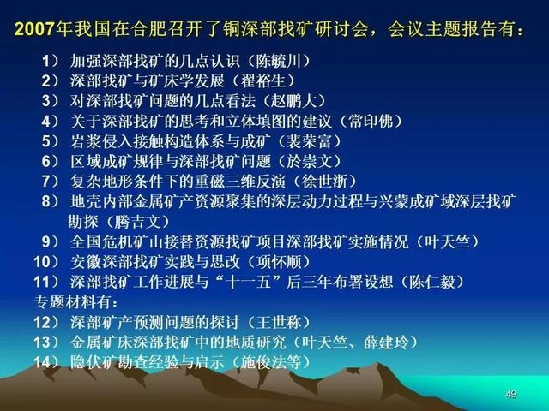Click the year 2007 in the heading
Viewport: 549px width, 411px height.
pyautogui.click(x=34, y=29)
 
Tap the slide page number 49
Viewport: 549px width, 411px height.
pyautogui.click(x=511, y=394)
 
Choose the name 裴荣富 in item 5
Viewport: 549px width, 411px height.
pyautogui.click(x=309, y=141)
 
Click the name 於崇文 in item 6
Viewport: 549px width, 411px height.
pyautogui.click(x=309, y=161)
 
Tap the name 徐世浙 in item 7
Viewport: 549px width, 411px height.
pyautogui.click(x=324, y=181)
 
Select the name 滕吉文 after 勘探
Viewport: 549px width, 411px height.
pyautogui.click(x=137, y=222)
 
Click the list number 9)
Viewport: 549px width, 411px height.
pyautogui.click(x=51, y=241)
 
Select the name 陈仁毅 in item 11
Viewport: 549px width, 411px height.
pyautogui.click(x=431, y=282)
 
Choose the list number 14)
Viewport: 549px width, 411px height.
pyautogui.click(x=46, y=362)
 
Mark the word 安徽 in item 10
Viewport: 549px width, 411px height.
pyautogui.click(x=86, y=261)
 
